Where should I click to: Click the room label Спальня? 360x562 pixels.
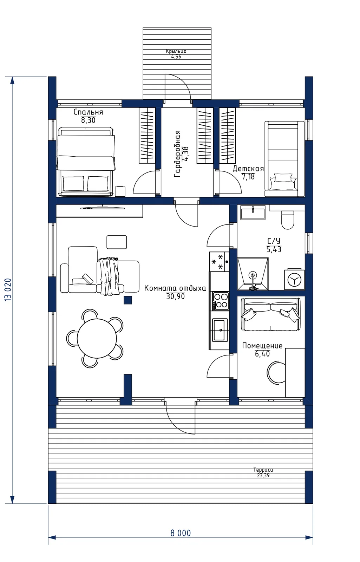point(88,112)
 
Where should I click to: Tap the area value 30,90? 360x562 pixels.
point(175,296)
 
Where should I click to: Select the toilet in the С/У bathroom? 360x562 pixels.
point(288,220)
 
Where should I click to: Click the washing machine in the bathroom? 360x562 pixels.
point(294,280)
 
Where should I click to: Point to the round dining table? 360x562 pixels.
point(97,339)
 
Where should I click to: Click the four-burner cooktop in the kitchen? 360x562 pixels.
point(221,301)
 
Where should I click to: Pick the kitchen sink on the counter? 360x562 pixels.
point(220,330)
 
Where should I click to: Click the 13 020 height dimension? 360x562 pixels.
point(8,290)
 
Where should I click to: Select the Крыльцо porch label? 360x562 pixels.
point(176,51)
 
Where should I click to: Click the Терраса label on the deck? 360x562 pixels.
point(263,470)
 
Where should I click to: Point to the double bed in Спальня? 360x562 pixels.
point(86,162)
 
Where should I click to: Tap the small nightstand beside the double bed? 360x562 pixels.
point(120,191)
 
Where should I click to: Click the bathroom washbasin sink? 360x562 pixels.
point(253,212)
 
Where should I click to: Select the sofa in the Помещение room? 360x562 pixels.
point(271,314)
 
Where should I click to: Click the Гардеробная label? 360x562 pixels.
point(177,154)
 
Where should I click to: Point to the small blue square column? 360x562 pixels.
point(128,300)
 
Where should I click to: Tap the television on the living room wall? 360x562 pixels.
point(102,208)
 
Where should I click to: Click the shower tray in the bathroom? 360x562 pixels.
point(253,274)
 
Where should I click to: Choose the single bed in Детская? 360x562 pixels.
point(284,159)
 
